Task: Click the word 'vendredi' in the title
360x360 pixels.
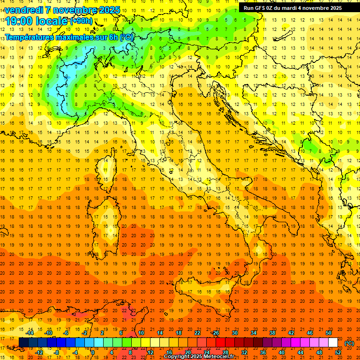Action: point(23,10)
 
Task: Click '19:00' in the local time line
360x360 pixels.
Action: point(18,21)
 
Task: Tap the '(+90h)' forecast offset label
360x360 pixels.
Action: point(82,21)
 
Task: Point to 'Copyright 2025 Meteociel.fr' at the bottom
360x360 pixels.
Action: point(199,357)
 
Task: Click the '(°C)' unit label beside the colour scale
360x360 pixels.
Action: point(349,343)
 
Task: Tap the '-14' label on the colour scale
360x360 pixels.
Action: point(30,333)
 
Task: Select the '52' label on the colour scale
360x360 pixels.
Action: point(338,352)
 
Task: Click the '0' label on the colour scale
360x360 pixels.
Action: point(93,352)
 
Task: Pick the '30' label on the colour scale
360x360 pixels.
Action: point(234,333)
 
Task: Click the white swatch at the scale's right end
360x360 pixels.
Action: point(333,343)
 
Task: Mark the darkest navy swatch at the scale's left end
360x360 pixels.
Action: point(23,343)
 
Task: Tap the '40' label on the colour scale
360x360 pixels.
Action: point(282,352)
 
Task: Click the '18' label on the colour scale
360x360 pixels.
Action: point(178,333)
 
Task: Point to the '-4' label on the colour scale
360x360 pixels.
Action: point(75,352)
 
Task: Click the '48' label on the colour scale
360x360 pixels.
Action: point(319,352)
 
